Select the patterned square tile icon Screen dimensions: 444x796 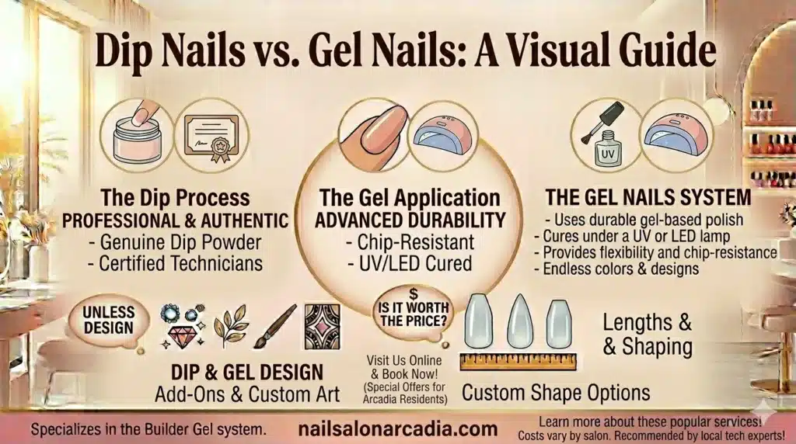click(321, 326)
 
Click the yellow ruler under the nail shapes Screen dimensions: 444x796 click(517, 361)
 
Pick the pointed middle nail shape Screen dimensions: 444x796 click(520, 320)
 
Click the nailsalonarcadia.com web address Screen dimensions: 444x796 click(397, 428)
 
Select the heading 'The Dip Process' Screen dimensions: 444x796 click(174, 197)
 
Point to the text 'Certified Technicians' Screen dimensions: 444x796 click(180, 263)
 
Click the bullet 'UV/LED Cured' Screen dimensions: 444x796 click(409, 262)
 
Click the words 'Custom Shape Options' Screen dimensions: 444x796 click(556, 392)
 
